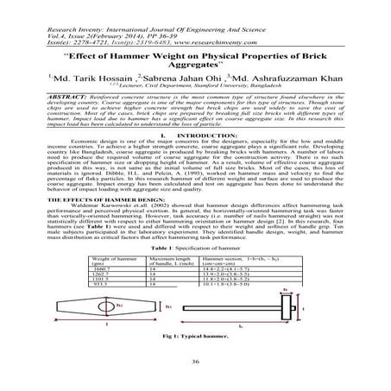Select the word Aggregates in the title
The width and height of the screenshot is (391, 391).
pos(195,53)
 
